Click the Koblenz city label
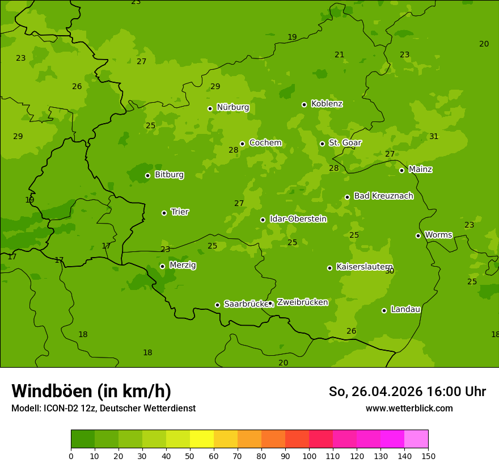tap(327, 104)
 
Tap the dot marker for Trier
tap(164, 213)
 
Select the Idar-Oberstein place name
tap(298, 219)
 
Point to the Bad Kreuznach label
tap(383, 196)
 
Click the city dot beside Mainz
tap(401, 170)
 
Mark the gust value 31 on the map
tap(434, 136)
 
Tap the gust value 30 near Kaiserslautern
tap(390, 271)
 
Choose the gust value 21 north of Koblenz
tap(339, 55)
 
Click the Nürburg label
tap(232, 107)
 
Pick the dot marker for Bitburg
tap(147, 175)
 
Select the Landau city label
tap(405, 309)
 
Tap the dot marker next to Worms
tap(418, 235)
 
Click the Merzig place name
tap(183, 265)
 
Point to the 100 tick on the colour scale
tap(309, 456)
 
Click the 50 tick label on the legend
tap(190, 456)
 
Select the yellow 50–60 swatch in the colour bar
tap(202, 439)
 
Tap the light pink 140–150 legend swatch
tap(416, 439)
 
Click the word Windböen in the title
tap(51, 391)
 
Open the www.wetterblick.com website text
tap(409, 408)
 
